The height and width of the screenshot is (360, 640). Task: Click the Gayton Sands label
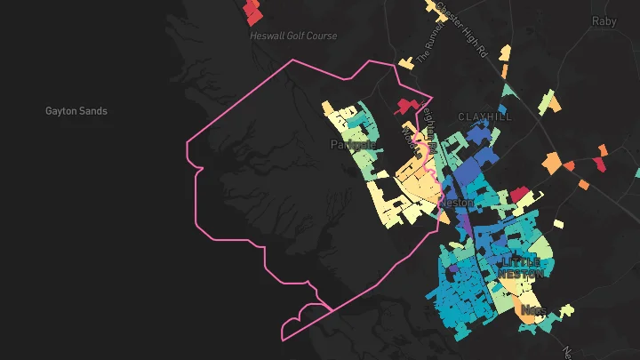click(76, 111)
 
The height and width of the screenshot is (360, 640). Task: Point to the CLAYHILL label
click(486, 116)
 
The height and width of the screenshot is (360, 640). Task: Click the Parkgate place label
click(354, 144)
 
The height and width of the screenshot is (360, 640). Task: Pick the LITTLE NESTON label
click(521, 268)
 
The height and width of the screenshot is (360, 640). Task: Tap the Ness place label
click(532, 310)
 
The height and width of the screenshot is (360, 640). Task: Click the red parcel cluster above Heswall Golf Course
click(254, 12)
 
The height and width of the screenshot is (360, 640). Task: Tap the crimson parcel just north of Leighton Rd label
click(410, 105)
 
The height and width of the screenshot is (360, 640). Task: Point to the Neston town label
click(457, 203)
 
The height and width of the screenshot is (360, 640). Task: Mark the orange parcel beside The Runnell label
click(405, 63)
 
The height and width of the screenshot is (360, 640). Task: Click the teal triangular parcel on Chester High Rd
click(508, 90)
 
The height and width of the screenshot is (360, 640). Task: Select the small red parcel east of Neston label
click(518, 194)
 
